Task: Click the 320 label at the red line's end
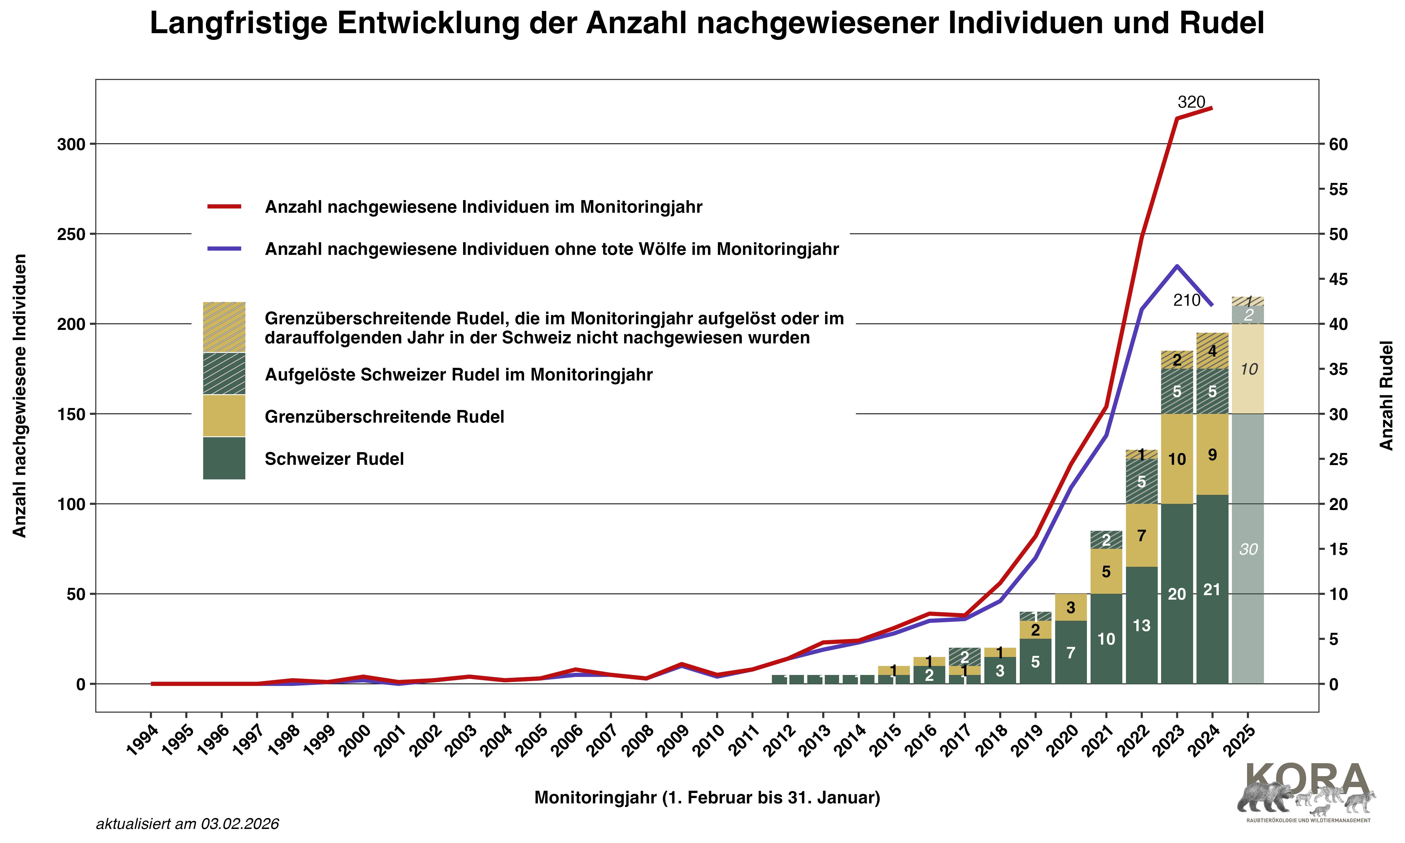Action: click(1191, 102)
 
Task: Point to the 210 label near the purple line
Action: click(1186, 300)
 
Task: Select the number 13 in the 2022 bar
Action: click(1141, 626)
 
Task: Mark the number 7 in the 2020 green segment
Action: click(1071, 653)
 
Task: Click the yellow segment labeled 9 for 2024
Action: click(1212, 454)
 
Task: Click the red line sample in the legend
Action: click(224, 207)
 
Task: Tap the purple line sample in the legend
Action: click(224, 249)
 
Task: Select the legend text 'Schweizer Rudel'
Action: click(334, 459)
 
